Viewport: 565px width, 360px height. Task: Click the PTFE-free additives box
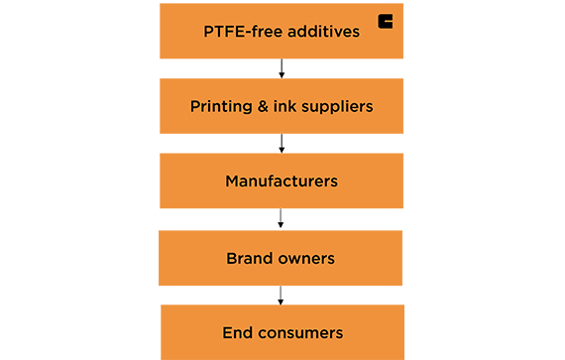tap(282, 30)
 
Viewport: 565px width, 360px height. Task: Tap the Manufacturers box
tap(282, 180)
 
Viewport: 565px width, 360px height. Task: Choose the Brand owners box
tap(282, 258)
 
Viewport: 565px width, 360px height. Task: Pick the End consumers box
tap(282, 332)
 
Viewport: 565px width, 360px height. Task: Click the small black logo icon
tap(385, 22)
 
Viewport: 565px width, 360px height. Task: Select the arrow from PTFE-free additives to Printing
tap(282, 67)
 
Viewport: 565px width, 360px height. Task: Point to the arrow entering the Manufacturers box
tap(282, 143)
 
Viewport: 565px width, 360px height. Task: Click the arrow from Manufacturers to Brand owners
tap(282, 218)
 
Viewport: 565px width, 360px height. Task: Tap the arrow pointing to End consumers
tap(282, 295)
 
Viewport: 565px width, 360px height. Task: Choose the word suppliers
tap(339, 106)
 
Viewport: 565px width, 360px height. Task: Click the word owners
tap(306, 258)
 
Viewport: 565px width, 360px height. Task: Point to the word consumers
tap(300, 332)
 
